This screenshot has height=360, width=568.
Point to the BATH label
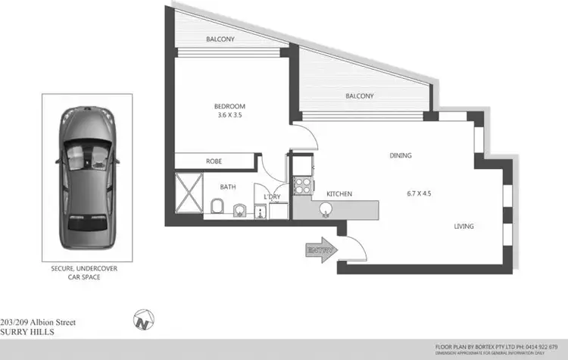[x=228, y=186]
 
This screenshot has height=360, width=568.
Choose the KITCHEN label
[x=339, y=194]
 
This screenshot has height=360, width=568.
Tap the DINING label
[x=400, y=155]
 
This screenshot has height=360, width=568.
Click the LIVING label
[x=464, y=226]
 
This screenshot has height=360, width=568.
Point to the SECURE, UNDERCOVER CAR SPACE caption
[x=86, y=273]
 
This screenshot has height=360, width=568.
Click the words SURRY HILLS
[x=27, y=332]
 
